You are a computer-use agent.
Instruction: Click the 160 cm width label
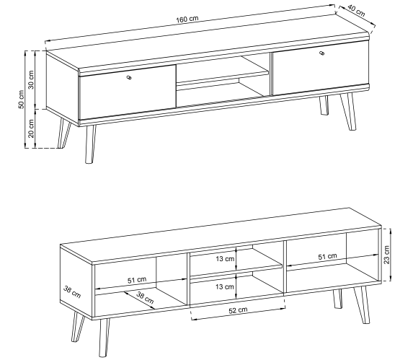coord(187,19)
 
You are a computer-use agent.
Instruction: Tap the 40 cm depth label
coord(356,11)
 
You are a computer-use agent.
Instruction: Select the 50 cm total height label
coord(21,99)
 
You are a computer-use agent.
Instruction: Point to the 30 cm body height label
coord(31,79)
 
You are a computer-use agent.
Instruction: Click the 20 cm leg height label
coord(31,128)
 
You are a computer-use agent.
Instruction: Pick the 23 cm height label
coord(386,255)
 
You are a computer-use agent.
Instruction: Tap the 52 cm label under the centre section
coord(238,310)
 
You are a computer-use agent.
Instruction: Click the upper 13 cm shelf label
coord(225,259)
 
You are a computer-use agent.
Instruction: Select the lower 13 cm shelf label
coord(225,286)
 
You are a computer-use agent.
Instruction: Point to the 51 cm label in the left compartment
coord(137,280)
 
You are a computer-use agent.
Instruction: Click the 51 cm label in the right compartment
coord(327,256)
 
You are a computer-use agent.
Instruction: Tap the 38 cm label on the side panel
coord(72,292)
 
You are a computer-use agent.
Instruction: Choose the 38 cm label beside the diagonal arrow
coord(145,297)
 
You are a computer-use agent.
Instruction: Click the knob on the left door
coord(129,77)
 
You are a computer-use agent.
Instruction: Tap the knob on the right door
coord(322,53)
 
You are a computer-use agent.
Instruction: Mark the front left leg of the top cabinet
coord(89,144)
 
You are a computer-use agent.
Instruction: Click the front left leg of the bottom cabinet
coord(104,338)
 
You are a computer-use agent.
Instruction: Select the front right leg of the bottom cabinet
coord(363,305)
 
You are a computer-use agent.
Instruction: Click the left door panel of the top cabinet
coord(128,91)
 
